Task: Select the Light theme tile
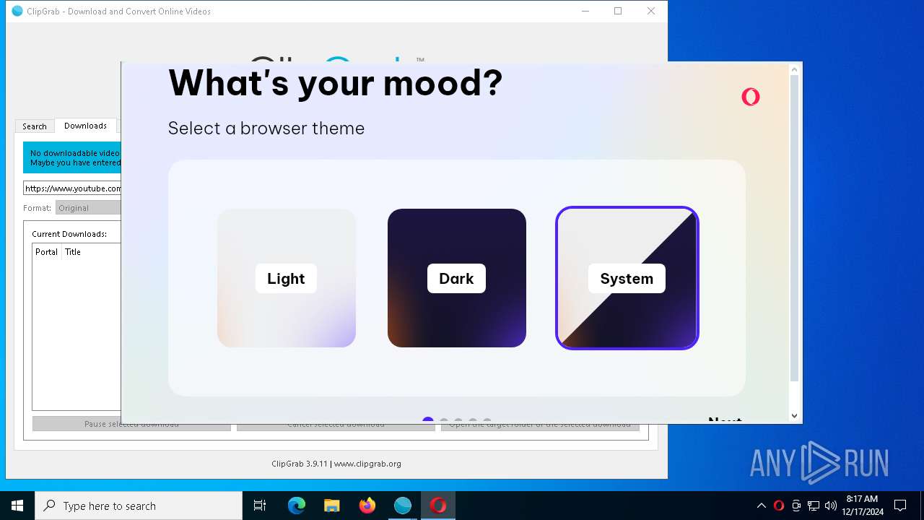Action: [286, 278]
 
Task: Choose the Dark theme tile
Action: [456, 278]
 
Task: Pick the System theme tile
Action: [627, 278]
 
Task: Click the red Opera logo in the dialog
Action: [751, 97]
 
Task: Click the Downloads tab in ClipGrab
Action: [85, 126]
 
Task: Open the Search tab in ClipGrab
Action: [34, 126]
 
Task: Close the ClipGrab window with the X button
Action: [651, 11]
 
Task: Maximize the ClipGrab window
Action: [618, 11]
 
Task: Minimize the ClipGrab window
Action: [585, 11]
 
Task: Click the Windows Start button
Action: [17, 506]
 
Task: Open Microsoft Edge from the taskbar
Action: [297, 506]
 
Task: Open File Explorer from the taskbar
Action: [332, 506]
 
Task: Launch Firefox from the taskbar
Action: [367, 506]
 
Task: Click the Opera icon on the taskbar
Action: [438, 506]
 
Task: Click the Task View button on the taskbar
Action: [260, 506]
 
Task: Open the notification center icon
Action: [900, 506]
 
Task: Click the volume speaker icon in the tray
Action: [831, 506]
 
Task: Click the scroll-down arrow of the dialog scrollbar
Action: [794, 415]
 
